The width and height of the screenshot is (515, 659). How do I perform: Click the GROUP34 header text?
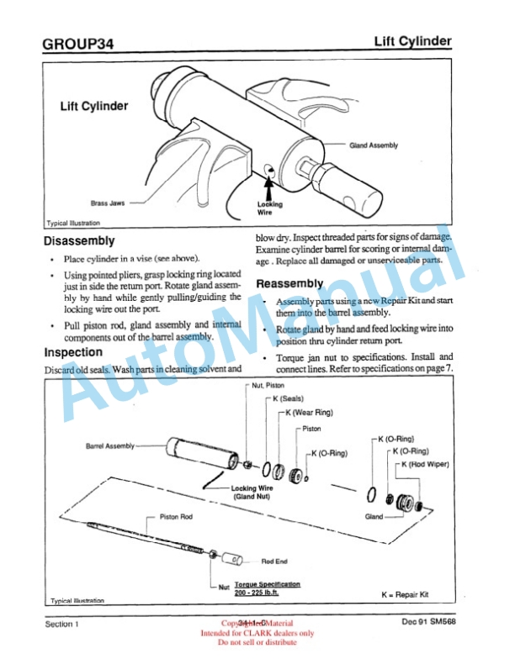coord(77,43)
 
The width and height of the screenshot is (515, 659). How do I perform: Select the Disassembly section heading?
coord(79,241)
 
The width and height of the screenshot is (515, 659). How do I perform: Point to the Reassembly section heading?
coord(289,284)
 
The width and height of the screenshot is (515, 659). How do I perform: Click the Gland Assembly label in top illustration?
coord(374,145)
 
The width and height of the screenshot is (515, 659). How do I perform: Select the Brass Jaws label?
coord(109,203)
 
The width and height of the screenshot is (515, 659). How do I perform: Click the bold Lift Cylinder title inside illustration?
coord(93,107)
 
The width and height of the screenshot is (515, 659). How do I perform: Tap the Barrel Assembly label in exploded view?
coord(110,445)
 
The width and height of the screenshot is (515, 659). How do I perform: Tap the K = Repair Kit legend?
coord(410,594)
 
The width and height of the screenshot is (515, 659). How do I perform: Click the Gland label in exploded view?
coord(374,516)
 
